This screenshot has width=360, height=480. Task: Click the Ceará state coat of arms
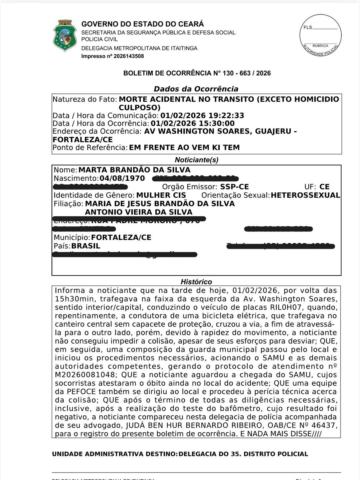point(65,36)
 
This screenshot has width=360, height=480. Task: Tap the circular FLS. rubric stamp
point(320,35)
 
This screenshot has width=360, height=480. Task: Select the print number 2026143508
point(129,56)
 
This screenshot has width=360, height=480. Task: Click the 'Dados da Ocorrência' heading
point(196,89)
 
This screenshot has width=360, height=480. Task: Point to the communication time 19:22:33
point(226,116)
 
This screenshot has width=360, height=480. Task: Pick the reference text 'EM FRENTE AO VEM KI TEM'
point(184,147)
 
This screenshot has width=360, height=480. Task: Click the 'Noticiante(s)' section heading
point(197,160)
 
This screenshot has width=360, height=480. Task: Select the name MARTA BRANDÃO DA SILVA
point(134,170)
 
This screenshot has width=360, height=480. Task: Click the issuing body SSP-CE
point(234,187)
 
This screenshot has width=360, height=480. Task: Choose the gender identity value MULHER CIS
point(161,195)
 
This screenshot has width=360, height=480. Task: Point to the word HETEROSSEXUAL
point(305,195)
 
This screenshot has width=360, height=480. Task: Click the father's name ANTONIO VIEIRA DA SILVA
point(139,212)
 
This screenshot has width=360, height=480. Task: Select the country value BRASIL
point(86,246)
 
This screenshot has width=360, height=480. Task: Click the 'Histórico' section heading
point(196,282)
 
